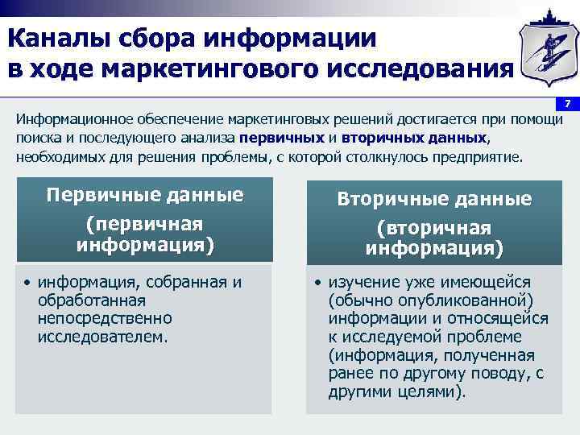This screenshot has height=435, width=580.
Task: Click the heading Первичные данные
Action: [145, 196]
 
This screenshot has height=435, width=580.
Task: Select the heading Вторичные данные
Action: [434, 199]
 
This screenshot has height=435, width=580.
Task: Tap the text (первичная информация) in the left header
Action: [145, 233]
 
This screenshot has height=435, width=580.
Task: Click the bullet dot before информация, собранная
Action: [27, 283]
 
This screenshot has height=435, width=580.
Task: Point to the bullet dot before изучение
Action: [318, 283]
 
